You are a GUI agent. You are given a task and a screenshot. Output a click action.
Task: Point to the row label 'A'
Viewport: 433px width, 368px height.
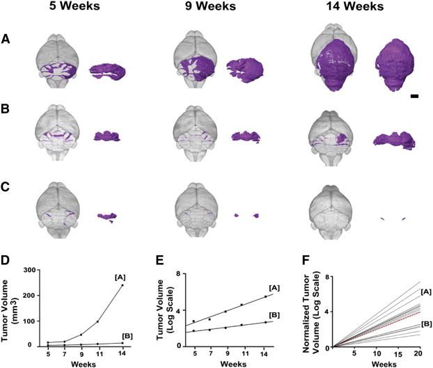click(6, 39)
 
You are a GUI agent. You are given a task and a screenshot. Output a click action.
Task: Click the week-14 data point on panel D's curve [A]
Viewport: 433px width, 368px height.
click(123, 285)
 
